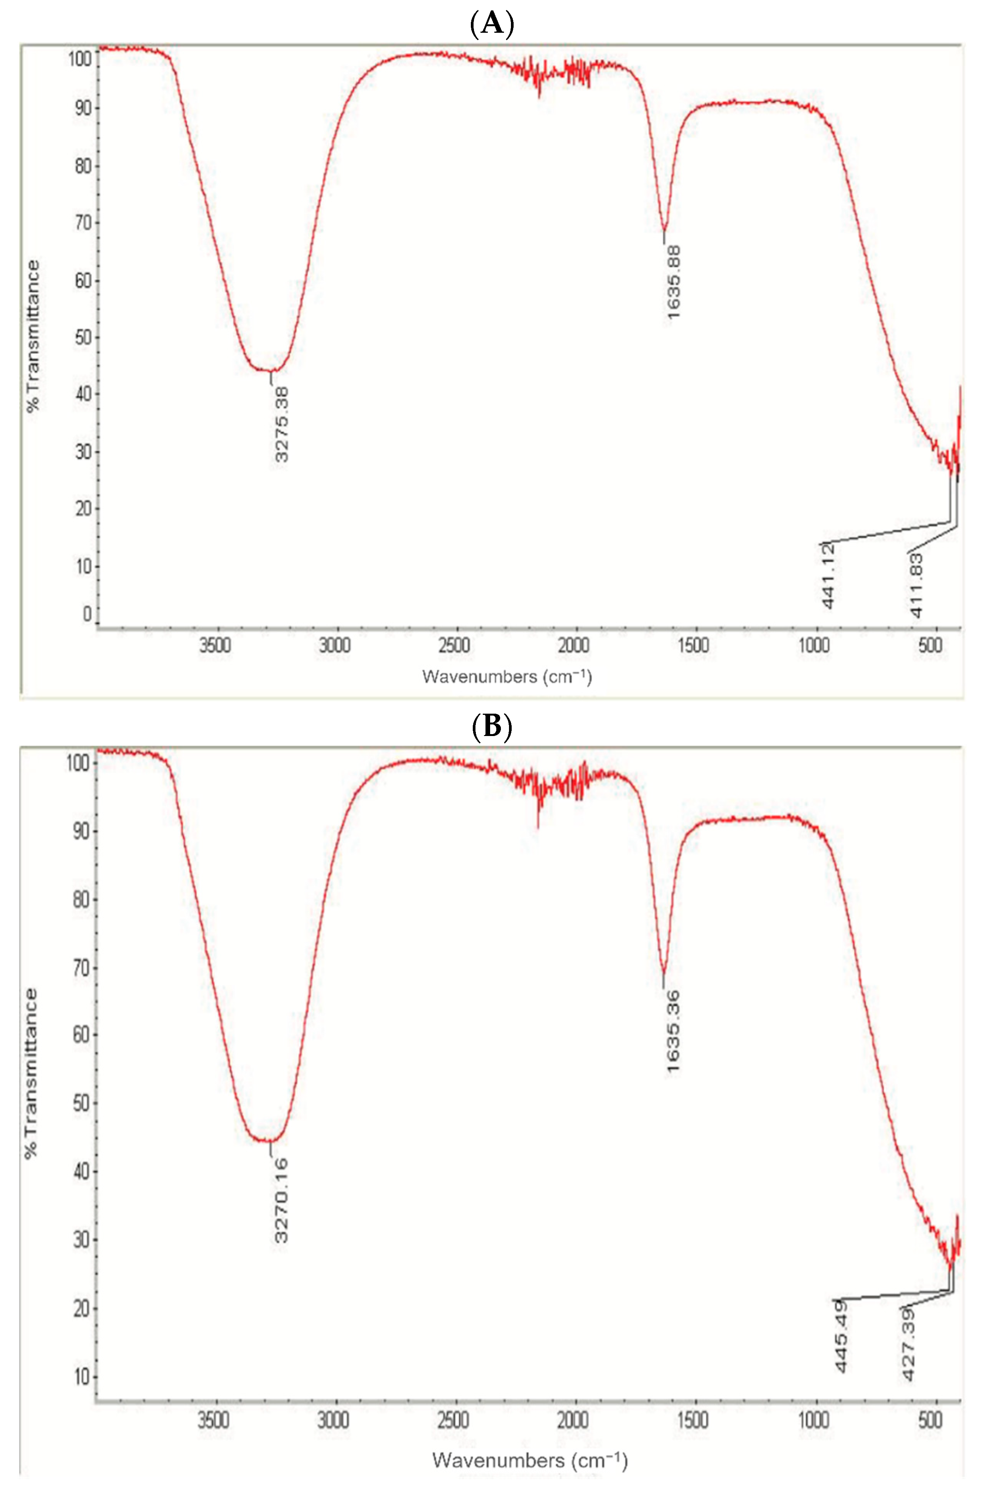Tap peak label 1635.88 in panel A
pos(673,282)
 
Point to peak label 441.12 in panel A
pos(829,576)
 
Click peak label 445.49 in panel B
pos(841,1336)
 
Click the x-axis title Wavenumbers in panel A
pos(507,676)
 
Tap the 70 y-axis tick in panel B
pos(82,968)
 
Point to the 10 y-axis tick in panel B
pos(82,1377)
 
